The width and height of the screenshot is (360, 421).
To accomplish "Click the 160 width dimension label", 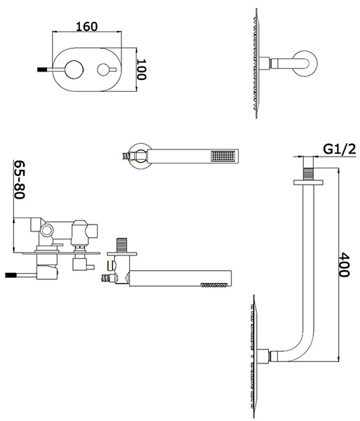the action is tap(87, 27).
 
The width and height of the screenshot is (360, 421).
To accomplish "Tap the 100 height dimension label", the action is tap(141, 69).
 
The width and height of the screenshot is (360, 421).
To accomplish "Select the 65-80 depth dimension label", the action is tap(20, 180).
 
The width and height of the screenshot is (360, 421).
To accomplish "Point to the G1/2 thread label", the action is tap(340, 149).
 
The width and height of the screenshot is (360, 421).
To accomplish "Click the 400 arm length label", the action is tap(344, 265).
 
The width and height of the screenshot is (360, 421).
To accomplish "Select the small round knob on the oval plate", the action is tap(103, 69).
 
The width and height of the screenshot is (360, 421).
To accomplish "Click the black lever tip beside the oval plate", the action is tap(42, 69).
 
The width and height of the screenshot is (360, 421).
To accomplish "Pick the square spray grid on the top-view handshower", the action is tap(223, 156).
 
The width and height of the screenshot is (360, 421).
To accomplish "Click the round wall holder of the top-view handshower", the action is tap(139, 156).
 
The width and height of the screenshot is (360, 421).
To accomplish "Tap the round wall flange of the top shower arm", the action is tap(305, 64).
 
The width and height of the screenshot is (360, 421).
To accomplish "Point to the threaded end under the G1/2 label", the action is tap(308, 174).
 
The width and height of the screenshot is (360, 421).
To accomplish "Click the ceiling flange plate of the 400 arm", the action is tap(308, 182).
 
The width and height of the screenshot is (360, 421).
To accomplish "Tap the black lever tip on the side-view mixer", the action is tap(11, 275).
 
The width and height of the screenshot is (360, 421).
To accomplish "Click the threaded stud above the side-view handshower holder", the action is tap(121, 245).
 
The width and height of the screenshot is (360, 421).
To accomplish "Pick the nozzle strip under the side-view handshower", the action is tap(215, 285).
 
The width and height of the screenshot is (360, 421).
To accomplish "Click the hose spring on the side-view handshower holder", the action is tap(106, 279).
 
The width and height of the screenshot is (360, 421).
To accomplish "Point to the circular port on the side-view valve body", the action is tap(47, 230).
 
